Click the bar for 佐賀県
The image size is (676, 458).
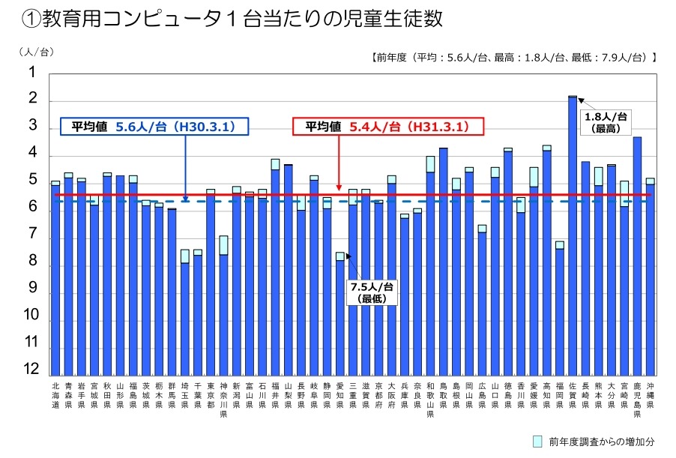[x=573, y=236]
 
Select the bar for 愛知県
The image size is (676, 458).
[x=339, y=315]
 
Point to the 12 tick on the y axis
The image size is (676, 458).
[x=32, y=369]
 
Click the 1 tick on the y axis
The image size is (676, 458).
[x=32, y=73]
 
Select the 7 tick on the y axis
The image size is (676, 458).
[x=32, y=234]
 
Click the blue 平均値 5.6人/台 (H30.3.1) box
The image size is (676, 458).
[x=154, y=127]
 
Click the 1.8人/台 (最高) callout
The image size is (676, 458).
[x=605, y=122]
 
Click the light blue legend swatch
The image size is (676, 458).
[x=537, y=441]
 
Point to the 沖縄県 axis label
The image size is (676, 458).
[x=650, y=393]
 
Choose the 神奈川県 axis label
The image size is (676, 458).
[x=223, y=397]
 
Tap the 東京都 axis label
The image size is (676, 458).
[x=211, y=393]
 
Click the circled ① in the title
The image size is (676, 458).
[x=31, y=19]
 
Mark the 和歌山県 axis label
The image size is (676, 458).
[x=430, y=397]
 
